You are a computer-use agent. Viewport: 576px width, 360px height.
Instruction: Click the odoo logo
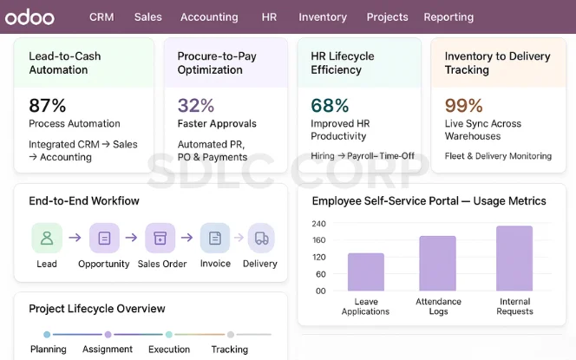click(30, 16)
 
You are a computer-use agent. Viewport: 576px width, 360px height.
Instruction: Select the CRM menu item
click(101, 16)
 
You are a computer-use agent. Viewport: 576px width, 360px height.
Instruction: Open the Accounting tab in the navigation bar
click(209, 16)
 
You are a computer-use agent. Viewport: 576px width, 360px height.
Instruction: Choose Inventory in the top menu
click(323, 16)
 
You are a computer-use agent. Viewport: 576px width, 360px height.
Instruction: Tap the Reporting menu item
click(448, 16)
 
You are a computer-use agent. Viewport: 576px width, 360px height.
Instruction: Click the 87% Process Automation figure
click(48, 106)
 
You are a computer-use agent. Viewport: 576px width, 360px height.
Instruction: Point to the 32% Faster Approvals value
click(196, 106)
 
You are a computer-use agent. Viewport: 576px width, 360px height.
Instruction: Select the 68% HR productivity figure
click(330, 106)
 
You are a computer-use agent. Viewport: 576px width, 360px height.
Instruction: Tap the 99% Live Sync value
click(464, 106)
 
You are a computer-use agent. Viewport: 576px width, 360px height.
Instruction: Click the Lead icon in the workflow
click(47, 238)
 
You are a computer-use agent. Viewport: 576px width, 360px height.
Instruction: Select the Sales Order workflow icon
click(160, 238)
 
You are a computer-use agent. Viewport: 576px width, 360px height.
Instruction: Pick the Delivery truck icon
click(261, 238)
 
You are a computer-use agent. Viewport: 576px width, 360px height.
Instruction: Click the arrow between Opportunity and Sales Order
click(131, 238)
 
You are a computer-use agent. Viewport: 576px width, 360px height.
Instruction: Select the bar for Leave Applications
click(365, 272)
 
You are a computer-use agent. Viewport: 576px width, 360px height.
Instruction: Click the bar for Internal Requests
click(514, 259)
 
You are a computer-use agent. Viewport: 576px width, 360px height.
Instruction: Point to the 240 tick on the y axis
click(318, 224)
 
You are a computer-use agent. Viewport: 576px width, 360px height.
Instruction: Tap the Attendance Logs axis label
click(438, 306)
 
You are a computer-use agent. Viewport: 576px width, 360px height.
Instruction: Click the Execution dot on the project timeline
click(169, 334)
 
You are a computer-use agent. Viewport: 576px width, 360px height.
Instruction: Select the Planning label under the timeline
click(49, 350)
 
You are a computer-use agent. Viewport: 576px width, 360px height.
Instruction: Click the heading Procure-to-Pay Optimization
click(217, 62)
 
